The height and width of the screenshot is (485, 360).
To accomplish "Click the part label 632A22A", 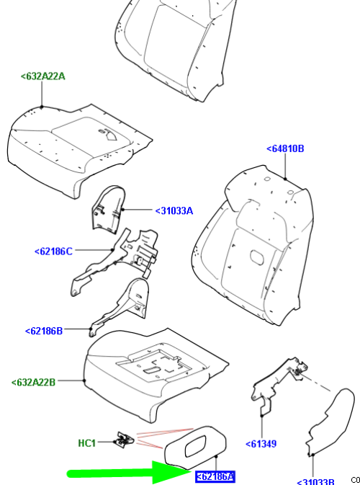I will [x=42, y=76].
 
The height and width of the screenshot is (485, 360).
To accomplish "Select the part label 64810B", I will [x=285, y=148].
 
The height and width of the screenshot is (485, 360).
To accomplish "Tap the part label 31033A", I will [x=174, y=210].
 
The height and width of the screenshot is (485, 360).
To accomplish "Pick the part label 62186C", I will [x=53, y=251].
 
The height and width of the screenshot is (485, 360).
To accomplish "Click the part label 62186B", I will [x=44, y=331].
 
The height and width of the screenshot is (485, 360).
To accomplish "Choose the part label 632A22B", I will [x=33, y=382].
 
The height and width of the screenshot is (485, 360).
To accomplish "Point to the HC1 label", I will [x=86, y=442].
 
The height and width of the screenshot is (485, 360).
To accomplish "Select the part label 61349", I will [x=261, y=444].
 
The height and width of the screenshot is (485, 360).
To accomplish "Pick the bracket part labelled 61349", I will [x=277, y=386].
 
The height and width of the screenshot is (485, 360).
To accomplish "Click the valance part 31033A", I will [x=108, y=209].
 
